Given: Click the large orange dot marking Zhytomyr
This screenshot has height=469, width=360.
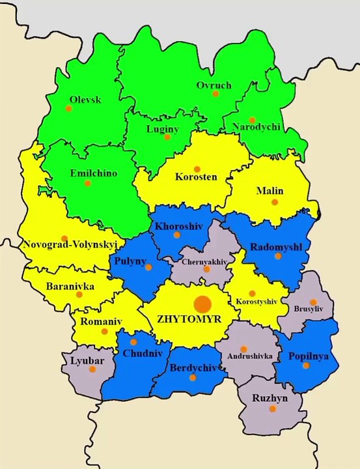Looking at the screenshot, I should coord(202,304).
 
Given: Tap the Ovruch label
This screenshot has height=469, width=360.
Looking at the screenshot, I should coord(214,85).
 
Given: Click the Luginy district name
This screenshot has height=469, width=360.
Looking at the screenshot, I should coord(161,129).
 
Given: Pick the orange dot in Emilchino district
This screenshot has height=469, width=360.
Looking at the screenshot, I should coord(87,183).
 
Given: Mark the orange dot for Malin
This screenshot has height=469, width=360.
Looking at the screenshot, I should coord(275,202).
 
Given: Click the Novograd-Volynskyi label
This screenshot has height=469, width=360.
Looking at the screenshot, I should coord(70,246).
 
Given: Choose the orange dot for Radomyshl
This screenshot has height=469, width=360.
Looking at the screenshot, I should coord(278,256).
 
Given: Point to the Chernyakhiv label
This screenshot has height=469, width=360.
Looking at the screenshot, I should coord(205,261).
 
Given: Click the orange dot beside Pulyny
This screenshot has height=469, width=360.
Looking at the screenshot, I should coord(148,267).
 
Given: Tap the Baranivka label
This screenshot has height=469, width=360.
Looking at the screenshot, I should coord(70,286).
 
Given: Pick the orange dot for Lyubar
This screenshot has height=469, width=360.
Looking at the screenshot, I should coord(92,369).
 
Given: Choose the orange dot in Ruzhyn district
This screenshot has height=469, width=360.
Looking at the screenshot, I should coord(272,408).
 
